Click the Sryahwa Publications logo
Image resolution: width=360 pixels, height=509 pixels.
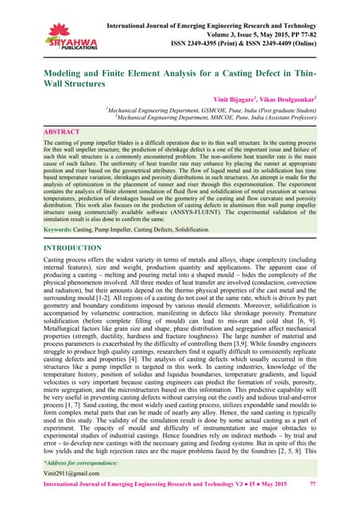coord(47,32)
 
